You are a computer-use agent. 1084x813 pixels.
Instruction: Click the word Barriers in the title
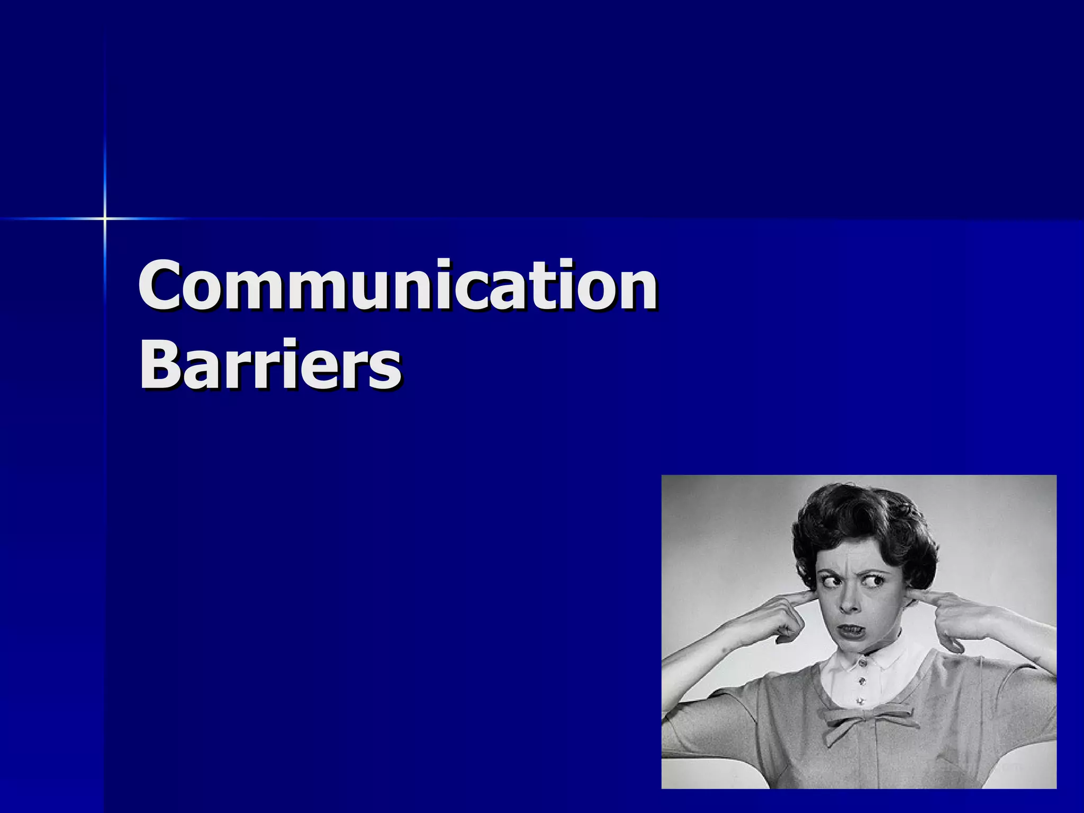click(270, 365)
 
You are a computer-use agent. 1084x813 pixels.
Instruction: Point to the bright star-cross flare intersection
click(105, 218)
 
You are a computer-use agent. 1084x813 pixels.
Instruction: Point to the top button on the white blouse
click(863, 663)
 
